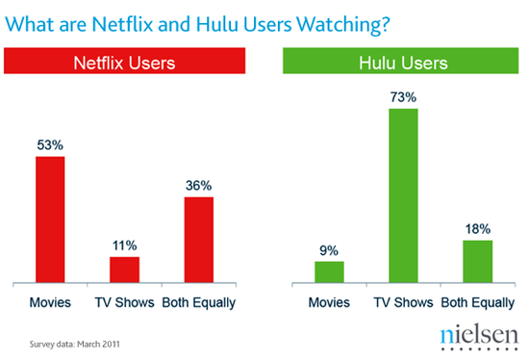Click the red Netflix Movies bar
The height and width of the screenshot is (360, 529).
coord(50,219)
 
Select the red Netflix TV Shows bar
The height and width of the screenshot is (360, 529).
coord(124,270)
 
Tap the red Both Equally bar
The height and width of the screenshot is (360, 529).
coord(198,240)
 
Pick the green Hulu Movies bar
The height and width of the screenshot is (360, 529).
coord(329,272)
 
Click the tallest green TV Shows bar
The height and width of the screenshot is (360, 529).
coord(403,196)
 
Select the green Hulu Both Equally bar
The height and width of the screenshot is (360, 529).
coord(477,262)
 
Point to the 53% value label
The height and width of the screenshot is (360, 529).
coord(50,145)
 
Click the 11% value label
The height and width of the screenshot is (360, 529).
coord(124,245)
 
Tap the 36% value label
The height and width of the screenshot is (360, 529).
coord(198,186)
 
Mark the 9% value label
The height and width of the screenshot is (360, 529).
coord(329,250)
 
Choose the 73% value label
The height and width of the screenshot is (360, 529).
coord(403,98)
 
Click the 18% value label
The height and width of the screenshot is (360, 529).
coord(477,229)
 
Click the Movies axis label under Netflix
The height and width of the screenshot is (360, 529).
coord(50,303)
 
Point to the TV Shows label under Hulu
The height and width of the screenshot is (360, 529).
coord(403,303)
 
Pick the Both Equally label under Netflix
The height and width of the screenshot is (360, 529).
coord(198,303)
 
